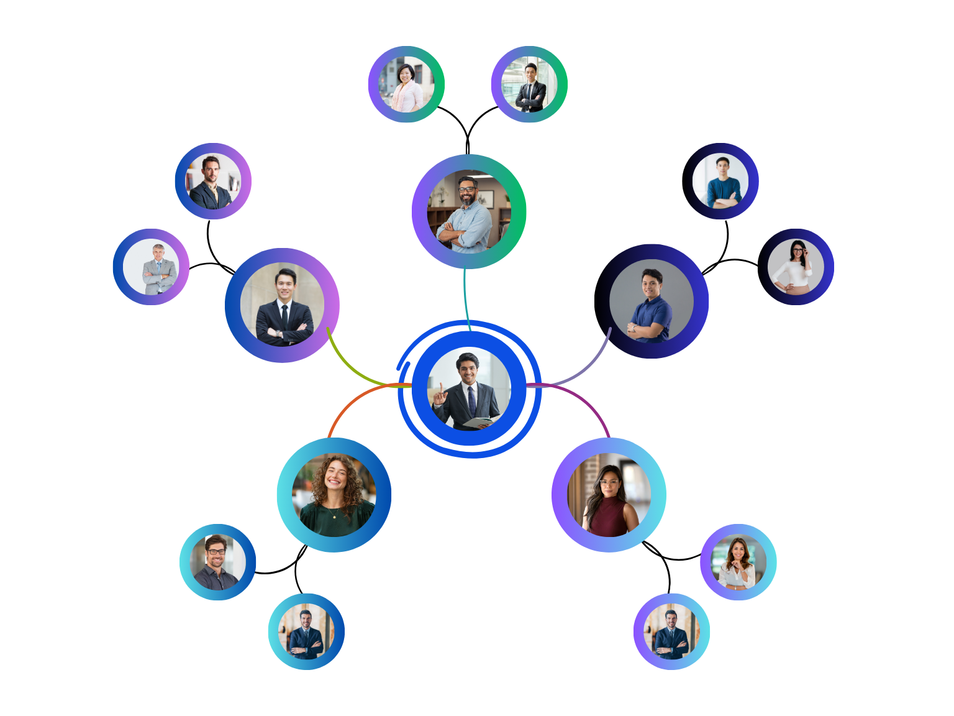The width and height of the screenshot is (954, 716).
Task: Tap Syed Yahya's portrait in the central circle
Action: click(469, 388)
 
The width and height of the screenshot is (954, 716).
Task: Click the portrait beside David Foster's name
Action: click(720, 181)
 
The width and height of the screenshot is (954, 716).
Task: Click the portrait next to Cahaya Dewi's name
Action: click(406, 85)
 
